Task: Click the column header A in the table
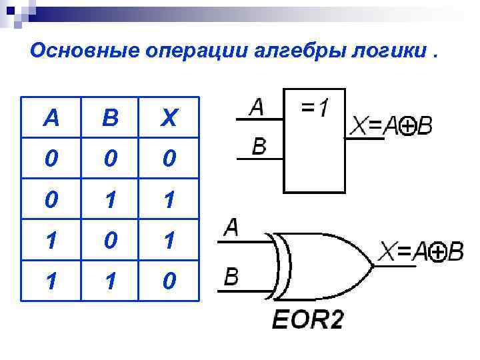[50, 119]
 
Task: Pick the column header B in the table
[110, 119]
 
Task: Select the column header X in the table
[169, 119]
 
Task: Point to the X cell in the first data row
[169, 159]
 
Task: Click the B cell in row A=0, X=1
[110, 199]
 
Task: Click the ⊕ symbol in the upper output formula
[406, 125]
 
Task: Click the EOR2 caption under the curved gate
[308, 321]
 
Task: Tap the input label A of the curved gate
[231, 228]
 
